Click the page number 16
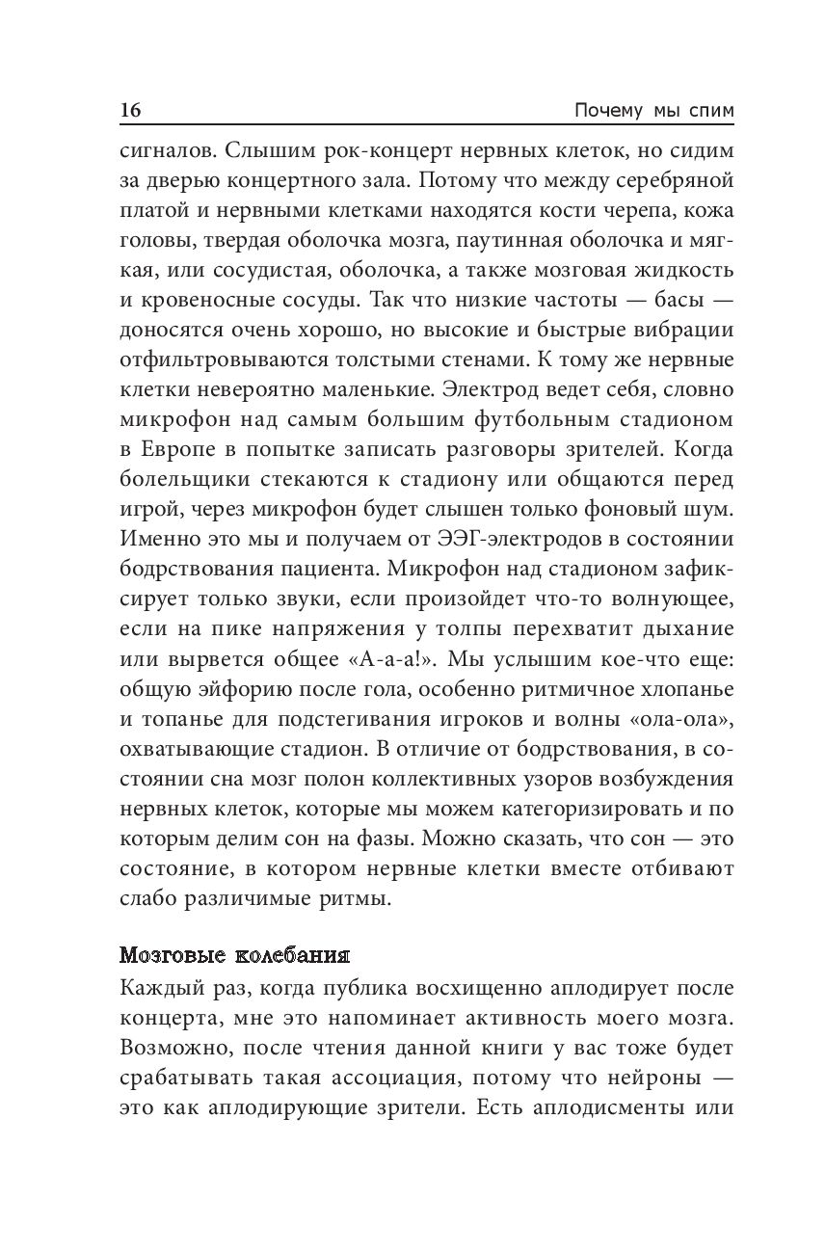pyautogui.click(x=130, y=111)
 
